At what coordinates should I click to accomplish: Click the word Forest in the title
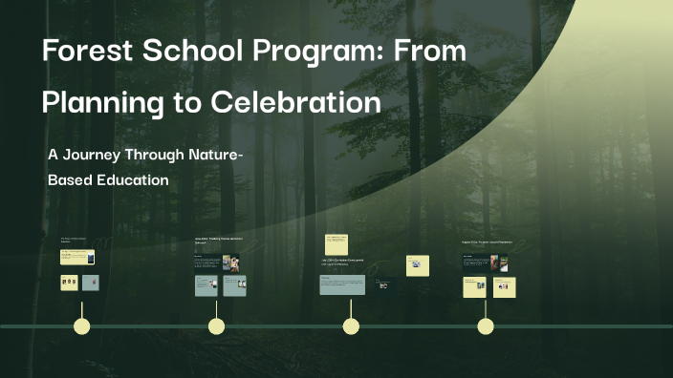click(87, 52)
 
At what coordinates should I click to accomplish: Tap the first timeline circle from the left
click(82, 326)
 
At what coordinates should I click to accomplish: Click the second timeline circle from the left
click(217, 326)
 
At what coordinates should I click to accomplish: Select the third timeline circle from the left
click(351, 326)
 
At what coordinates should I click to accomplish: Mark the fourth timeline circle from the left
click(486, 326)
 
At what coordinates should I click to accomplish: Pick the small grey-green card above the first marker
click(90, 283)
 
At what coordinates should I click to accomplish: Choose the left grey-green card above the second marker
click(206, 284)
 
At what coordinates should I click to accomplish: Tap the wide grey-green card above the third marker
click(342, 284)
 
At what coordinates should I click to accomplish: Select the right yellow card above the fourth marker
click(504, 286)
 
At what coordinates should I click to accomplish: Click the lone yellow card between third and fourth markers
click(417, 265)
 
